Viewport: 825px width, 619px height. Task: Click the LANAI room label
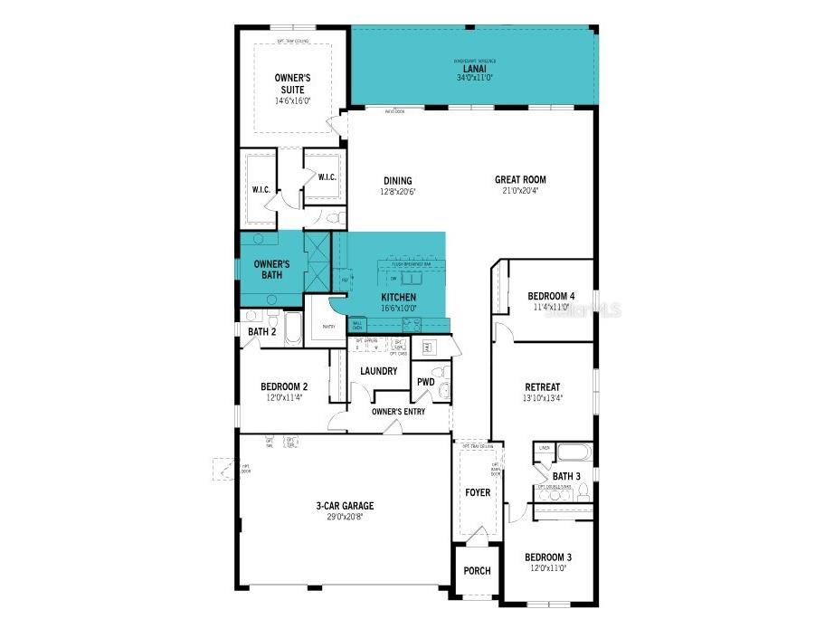pyautogui.click(x=474, y=68)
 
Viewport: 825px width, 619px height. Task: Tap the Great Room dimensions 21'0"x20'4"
pyautogui.click(x=520, y=191)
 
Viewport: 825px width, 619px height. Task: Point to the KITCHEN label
pyautogui.click(x=398, y=297)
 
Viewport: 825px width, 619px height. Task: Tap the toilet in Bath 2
pyautogui.click(x=271, y=318)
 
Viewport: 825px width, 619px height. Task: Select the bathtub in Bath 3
pyautogui.click(x=574, y=452)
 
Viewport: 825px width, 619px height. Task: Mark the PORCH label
pyautogui.click(x=477, y=571)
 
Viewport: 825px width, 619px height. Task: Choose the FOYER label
pyautogui.click(x=478, y=493)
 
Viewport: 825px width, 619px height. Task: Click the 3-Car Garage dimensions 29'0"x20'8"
pyautogui.click(x=345, y=518)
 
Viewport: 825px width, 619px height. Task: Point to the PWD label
pyautogui.click(x=425, y=382)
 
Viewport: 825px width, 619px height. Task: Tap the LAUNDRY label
pyautogui.click(x=378, y=371)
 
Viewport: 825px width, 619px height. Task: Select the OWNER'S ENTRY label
pyautogui.click(x=398, y=412)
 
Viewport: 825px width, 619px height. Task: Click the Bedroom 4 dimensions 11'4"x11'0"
pyautogui.click(x=551, y=308)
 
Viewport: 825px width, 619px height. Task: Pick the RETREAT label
pyautogui.click(x=543, y=387)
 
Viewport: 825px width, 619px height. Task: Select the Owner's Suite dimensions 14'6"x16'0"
pyautogui.click(x=292, y=101)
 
